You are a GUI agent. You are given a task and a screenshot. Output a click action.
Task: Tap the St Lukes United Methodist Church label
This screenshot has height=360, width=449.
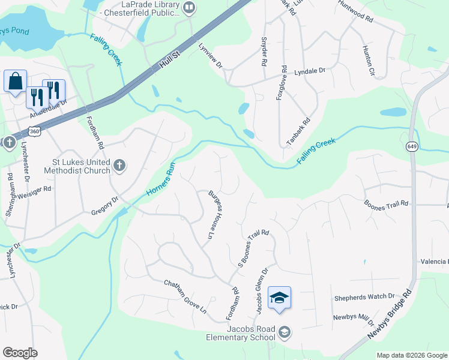pos(73,166)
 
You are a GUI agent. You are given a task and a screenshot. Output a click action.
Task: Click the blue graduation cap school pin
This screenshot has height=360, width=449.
pos(279,298)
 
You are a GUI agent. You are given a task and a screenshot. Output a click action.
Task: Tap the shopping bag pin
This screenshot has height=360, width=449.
pos(15,80)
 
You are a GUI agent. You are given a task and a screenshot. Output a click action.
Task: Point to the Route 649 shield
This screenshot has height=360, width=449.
pos(412,146)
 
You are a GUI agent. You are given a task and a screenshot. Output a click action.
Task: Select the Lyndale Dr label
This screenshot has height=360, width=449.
pos(309,71)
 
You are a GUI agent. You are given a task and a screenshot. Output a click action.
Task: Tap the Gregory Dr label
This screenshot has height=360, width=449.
pos(105,207)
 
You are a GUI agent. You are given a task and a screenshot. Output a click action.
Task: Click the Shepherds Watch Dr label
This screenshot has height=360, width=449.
pos(364,296)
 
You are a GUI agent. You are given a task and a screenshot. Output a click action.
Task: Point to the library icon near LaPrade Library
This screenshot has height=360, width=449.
pos(190,8)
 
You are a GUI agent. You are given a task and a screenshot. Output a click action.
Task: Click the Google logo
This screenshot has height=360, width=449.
pos(20,353)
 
